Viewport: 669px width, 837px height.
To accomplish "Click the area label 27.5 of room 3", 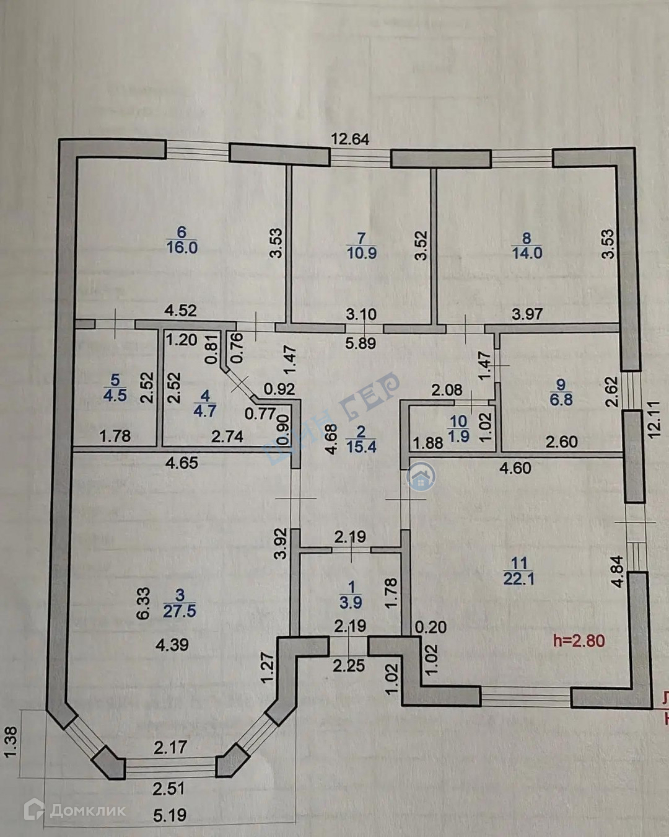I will click(180, 611).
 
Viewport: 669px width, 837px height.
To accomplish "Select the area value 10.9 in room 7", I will click(362, 253).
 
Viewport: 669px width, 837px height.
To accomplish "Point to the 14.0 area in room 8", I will click(527, 253).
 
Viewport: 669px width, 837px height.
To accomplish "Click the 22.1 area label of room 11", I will click(519, 578).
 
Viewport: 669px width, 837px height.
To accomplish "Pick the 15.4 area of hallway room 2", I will click(362, 446).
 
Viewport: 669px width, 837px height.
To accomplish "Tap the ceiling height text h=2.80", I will click(579, 640).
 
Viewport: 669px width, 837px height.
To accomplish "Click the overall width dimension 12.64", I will click(350, 139).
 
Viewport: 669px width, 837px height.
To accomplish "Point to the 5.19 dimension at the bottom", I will click(170, 814).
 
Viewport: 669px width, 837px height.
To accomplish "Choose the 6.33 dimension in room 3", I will click(143, 604).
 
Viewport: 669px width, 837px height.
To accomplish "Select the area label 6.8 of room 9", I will click(561, 400).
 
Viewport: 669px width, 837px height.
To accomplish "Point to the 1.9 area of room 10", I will click(458, 436).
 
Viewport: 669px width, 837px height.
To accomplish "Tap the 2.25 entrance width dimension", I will click(349, 666).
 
